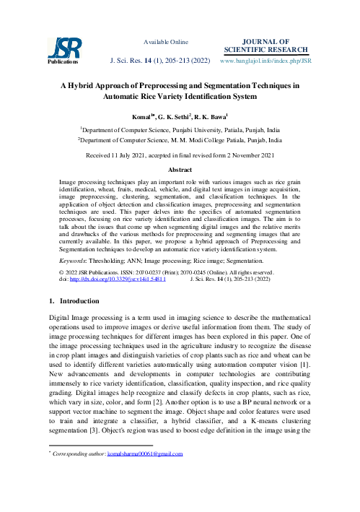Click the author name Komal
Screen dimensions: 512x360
143,116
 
